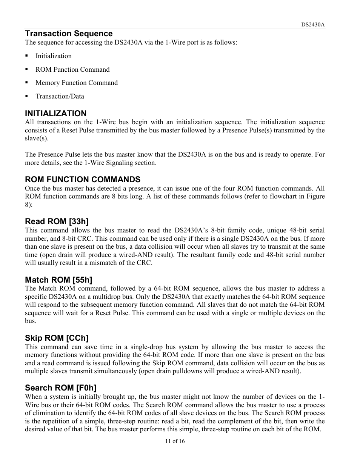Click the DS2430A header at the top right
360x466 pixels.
pos(313,25)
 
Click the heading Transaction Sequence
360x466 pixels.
pos(69,34)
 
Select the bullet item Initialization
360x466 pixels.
pos(53,56)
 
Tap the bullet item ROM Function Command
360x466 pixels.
pos(72,69)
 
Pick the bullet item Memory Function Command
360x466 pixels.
pos(77,83)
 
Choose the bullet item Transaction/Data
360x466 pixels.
pos(60,96)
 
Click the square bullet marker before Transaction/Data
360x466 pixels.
pos(27,96)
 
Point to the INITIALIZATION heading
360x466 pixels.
pos(55,113)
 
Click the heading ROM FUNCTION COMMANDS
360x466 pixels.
pos(83,179)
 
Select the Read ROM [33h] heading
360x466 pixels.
pos(57,221)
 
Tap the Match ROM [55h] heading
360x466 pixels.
pos(58,280)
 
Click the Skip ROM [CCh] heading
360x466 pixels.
pos(57,338)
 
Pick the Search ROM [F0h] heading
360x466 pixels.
pos(60,388)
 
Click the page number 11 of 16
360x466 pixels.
pos(174,441)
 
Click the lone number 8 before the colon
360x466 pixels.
pos(27,205)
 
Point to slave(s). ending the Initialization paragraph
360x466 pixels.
pos(37,138)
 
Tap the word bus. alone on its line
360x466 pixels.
pos(31,321)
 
